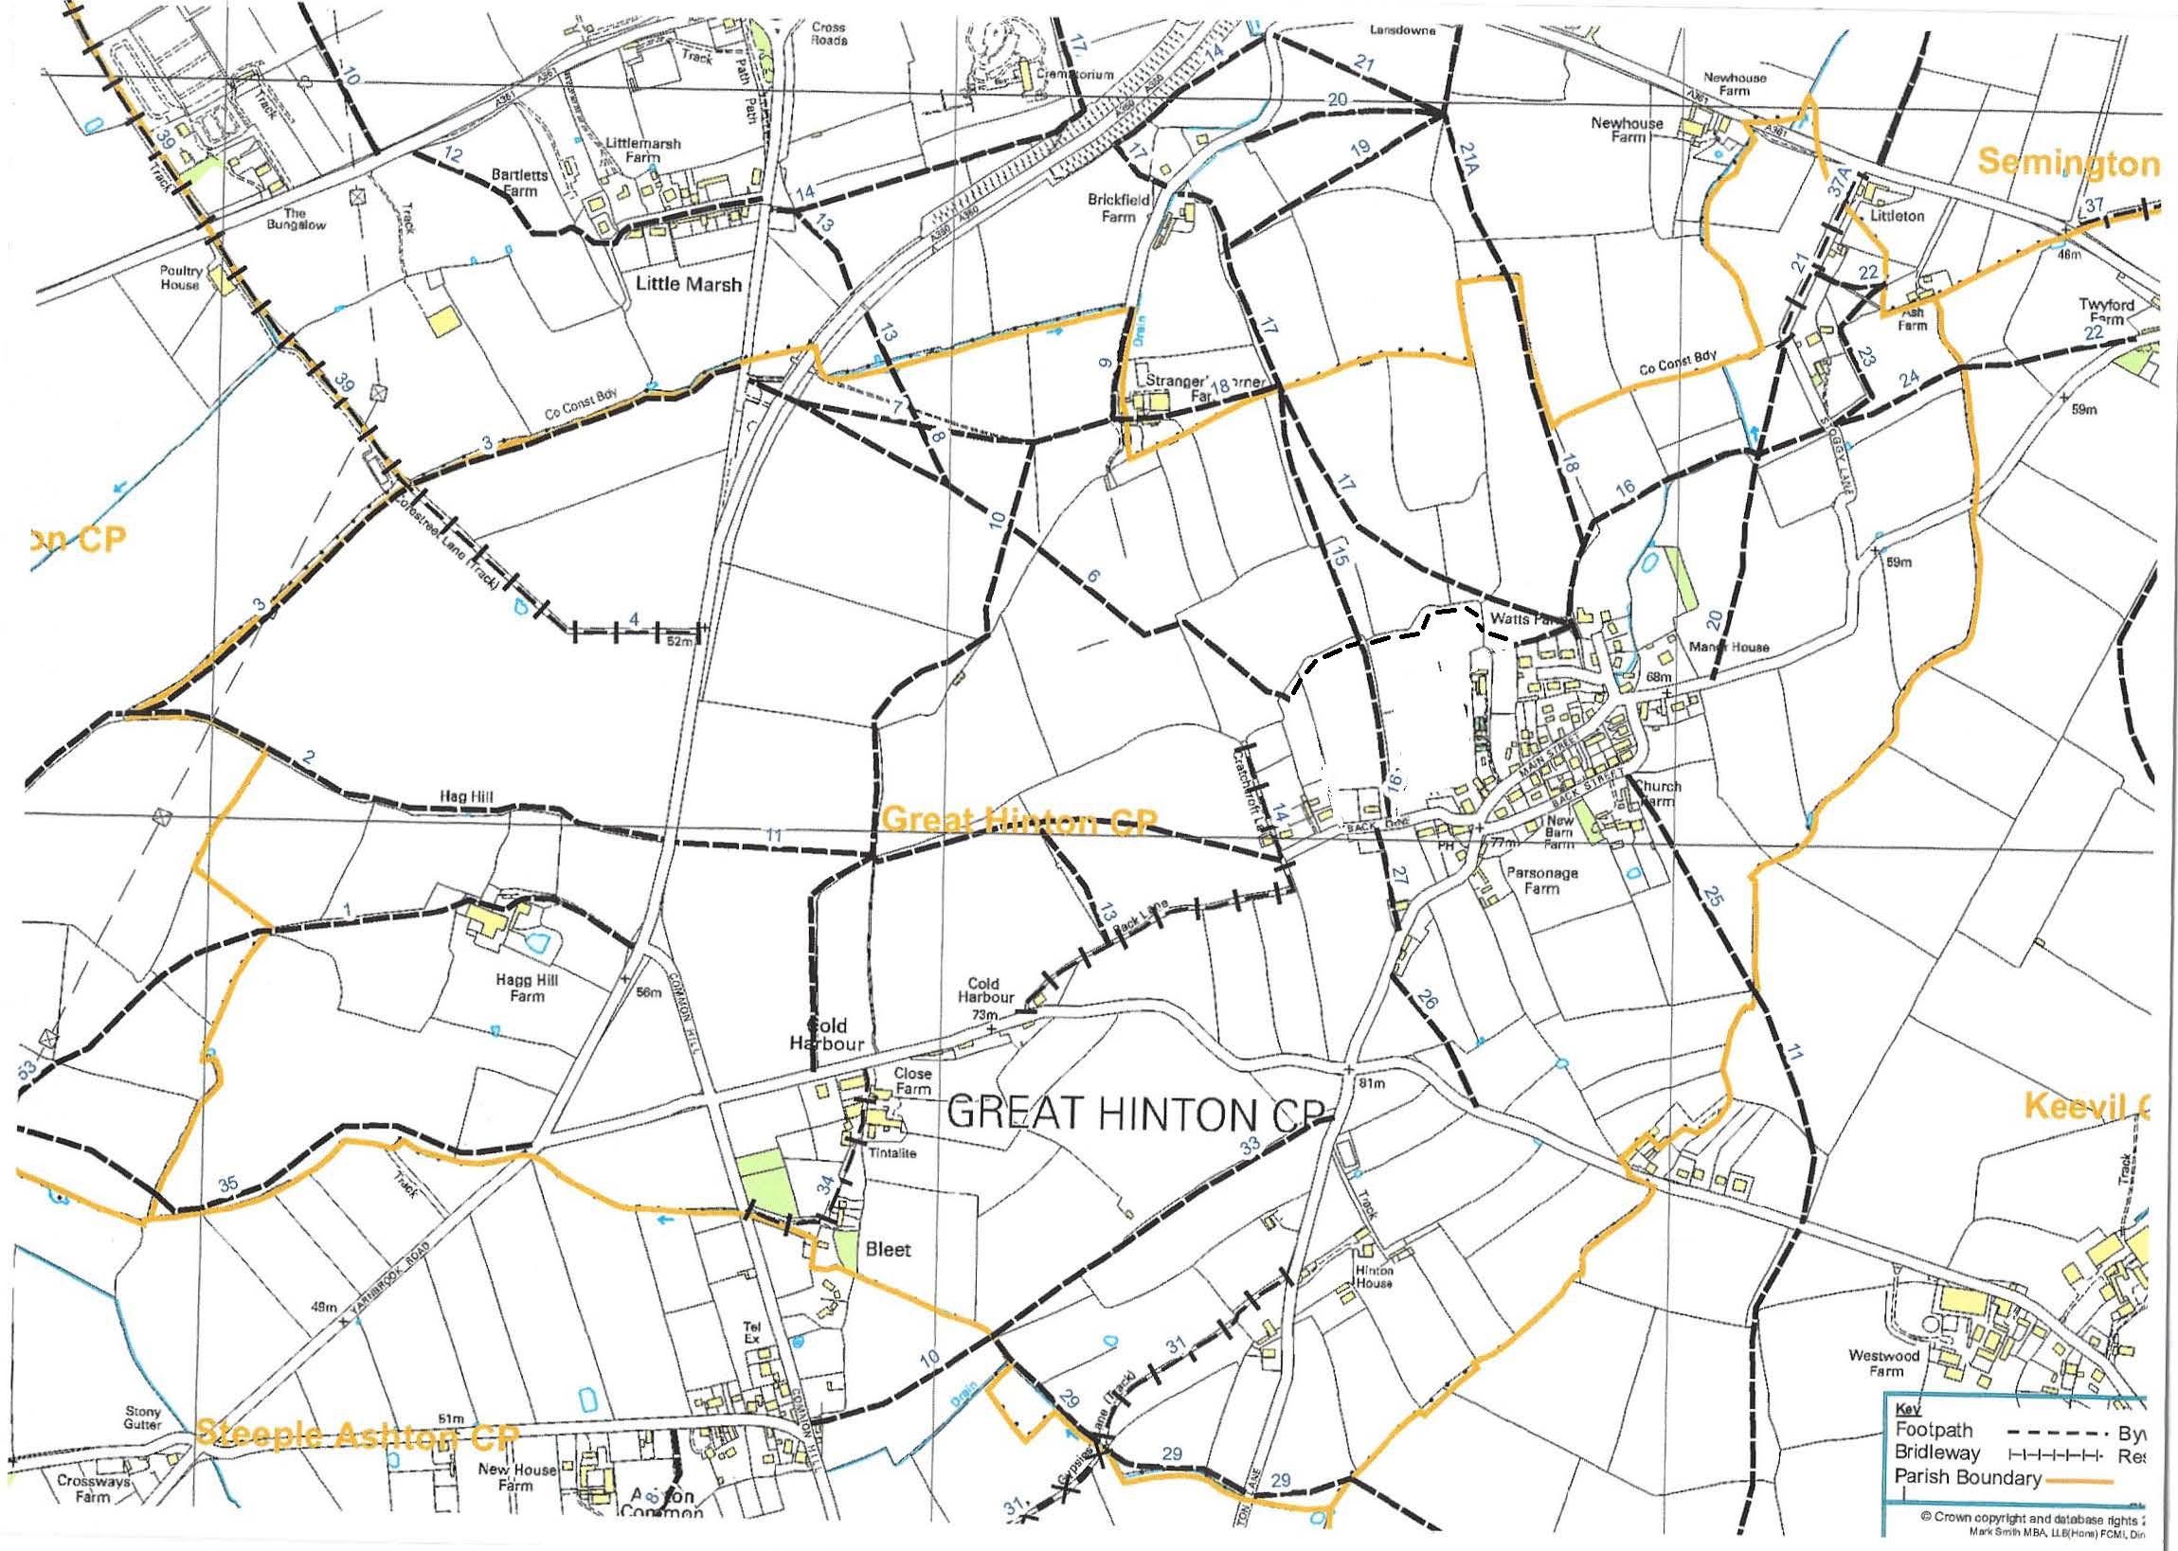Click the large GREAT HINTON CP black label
click(1138, 1114)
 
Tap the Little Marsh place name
click(688, 284)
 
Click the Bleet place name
click(888, 1248)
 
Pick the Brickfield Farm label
click(1119, 208)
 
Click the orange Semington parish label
click(2067, 163)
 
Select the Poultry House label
click(180, 276)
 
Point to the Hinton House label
click(1373, 1277)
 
